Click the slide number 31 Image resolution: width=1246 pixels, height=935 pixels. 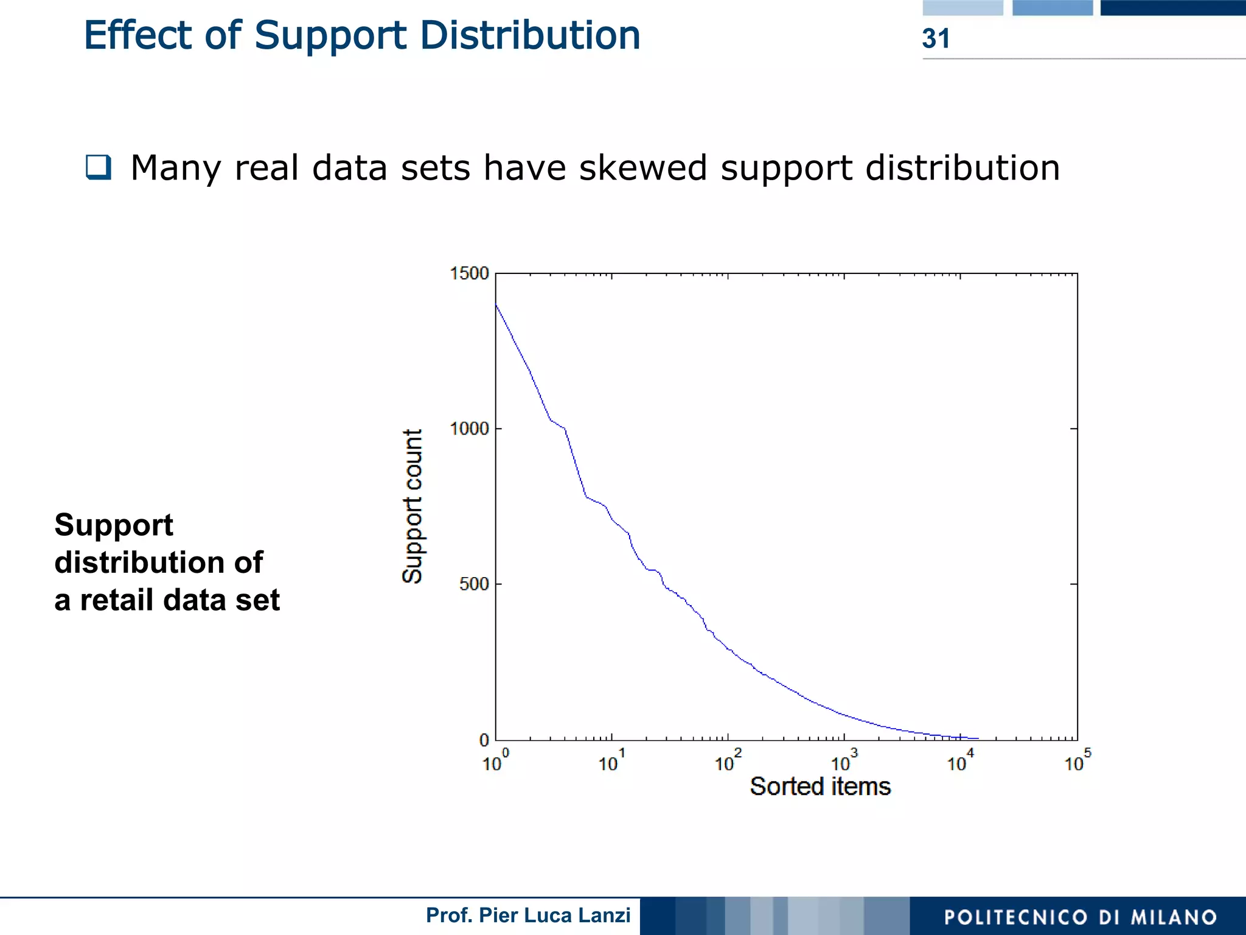coord(935,38)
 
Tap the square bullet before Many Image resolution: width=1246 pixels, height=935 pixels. coord(99,167)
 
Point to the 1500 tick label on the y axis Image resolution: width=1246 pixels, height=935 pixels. coord(469,273)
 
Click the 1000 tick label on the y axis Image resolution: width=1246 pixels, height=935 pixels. coord(469,429)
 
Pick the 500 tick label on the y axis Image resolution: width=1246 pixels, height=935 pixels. coord(474,584)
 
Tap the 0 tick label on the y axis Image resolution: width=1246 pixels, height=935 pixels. coord(484,740)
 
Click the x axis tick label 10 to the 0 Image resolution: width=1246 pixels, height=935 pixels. coord(495,762)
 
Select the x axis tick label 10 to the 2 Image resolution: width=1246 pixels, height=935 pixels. coord(728,762)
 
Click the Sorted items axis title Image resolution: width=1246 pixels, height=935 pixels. coord(820,786)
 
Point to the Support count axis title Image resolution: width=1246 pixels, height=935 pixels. coord(412,506)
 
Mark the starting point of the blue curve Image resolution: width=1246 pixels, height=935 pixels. coord(496,304)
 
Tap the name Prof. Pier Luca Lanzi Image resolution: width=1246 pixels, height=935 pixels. coord(527,915)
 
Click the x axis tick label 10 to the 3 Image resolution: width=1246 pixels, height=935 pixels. coord(844,762)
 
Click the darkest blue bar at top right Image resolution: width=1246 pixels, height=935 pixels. coord(1172,7)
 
